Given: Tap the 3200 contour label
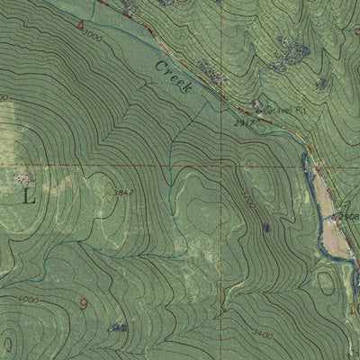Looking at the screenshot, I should pos(247,202).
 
